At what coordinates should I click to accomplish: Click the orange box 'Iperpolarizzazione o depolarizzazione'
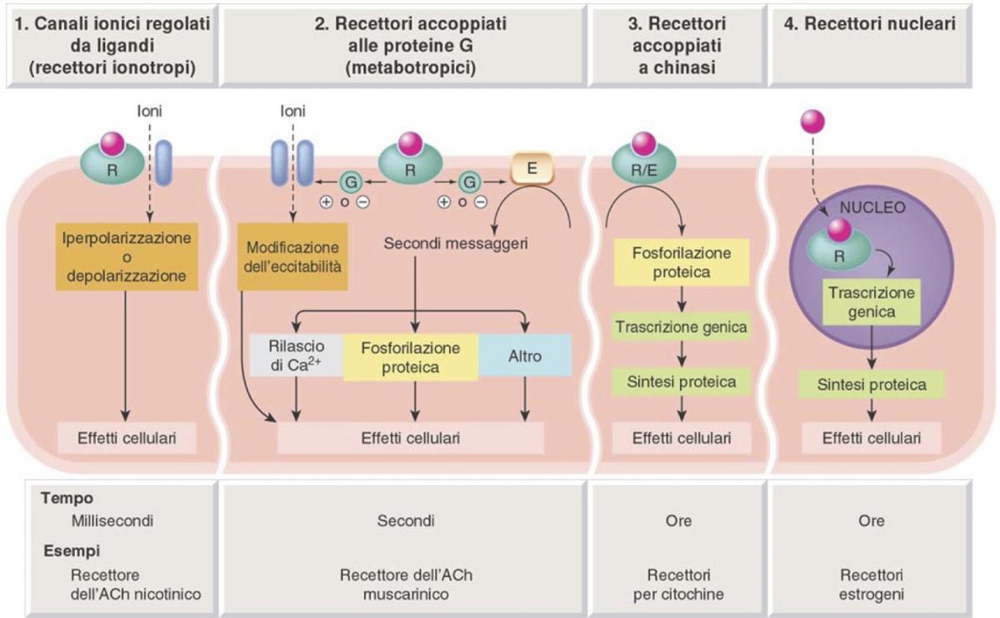(x=124, y=257)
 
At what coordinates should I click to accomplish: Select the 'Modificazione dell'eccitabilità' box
(x=292, y=257)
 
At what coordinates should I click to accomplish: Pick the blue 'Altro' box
(x=525, y=356)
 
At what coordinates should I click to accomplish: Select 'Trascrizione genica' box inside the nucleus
(x=871, y=302)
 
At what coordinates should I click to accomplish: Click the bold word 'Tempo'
(x=66, y=497)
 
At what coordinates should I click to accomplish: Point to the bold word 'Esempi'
(x=68, y=551)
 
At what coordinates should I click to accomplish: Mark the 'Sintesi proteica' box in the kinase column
(x=682, y=382)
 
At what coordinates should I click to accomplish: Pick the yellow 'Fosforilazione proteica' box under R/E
(x=682, y=262)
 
